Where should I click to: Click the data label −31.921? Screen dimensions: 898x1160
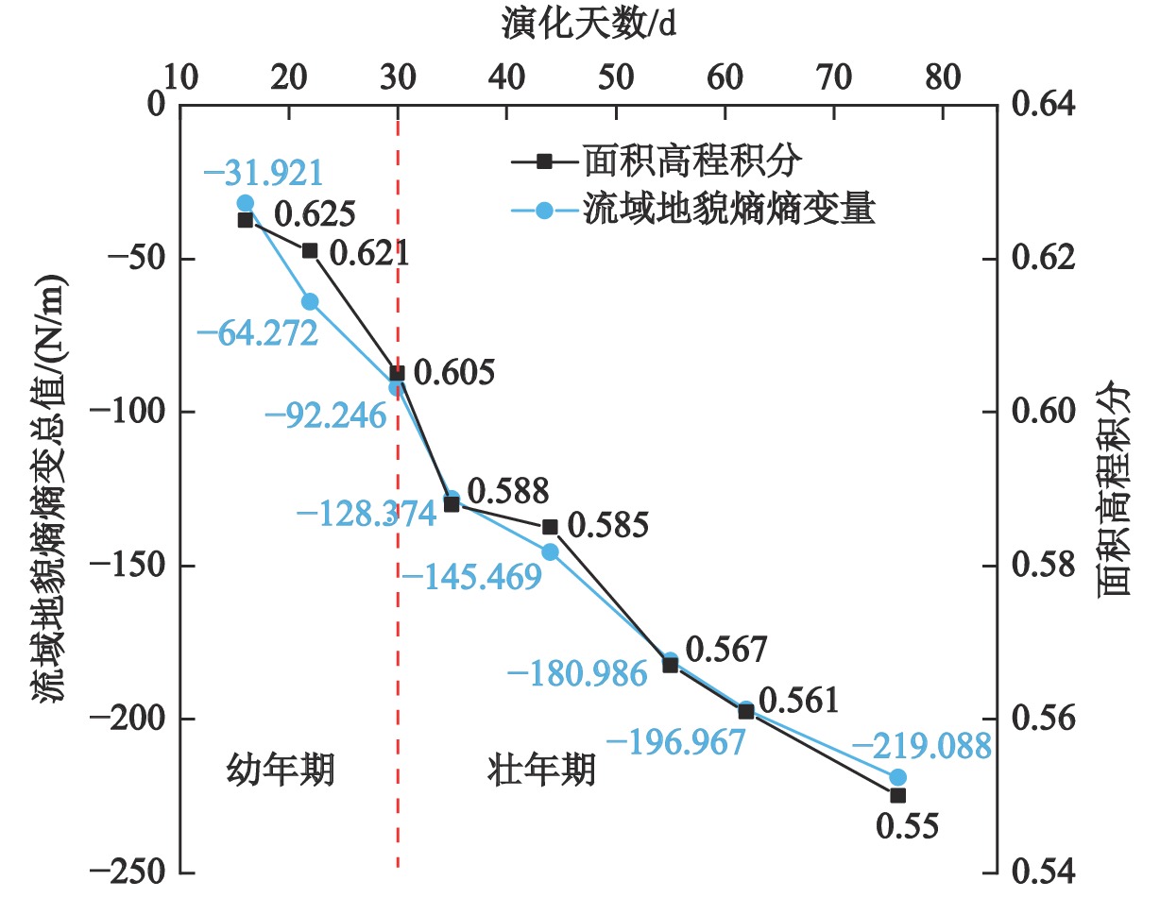coord(264,174)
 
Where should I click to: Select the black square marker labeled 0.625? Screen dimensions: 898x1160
coord(246,220)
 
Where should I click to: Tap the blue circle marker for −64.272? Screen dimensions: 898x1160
coord(310,301)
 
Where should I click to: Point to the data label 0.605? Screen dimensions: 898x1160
coord(454,373)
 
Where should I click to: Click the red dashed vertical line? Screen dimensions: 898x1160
coord(398,614)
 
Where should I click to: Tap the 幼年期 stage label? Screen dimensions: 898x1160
coord(281,771)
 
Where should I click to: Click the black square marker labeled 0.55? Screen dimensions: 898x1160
coord(897,795)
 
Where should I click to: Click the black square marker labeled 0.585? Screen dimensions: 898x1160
coord(550,526)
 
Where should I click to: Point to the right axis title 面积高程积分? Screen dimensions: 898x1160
coord(1117,491)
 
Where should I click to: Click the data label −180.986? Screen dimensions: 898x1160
coord(577,674)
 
